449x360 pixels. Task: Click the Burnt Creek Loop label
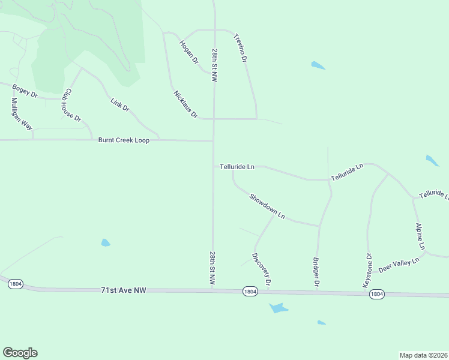pyautogui.click(x=124, y=140)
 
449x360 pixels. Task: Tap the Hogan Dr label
pyautogui.click(x=188, y=52)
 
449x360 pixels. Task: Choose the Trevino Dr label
pyautogui.click(x=240, y=48)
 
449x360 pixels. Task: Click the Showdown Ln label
pyautogui.click(x=267, y=206)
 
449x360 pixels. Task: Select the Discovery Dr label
pyautogui.click(x=262, y=269)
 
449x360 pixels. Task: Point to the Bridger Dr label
pyautogui.click(x=316, y=271)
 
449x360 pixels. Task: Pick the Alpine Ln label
pyautogui.click(x=420, y=236)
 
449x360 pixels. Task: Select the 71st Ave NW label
pyautogui.click(x=124, y=290)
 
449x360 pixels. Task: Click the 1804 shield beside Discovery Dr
pyautogui.click(x=251, y=291)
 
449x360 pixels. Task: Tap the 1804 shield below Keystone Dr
pyautogui.click(x=377, y=294)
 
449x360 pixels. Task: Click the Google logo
pyautogui.click(x=20, y=353)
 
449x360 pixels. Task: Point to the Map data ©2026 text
pyautogui.click(x=423, y=355)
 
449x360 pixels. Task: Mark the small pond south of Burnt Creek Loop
pyautogui.click(x=106, y=243)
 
